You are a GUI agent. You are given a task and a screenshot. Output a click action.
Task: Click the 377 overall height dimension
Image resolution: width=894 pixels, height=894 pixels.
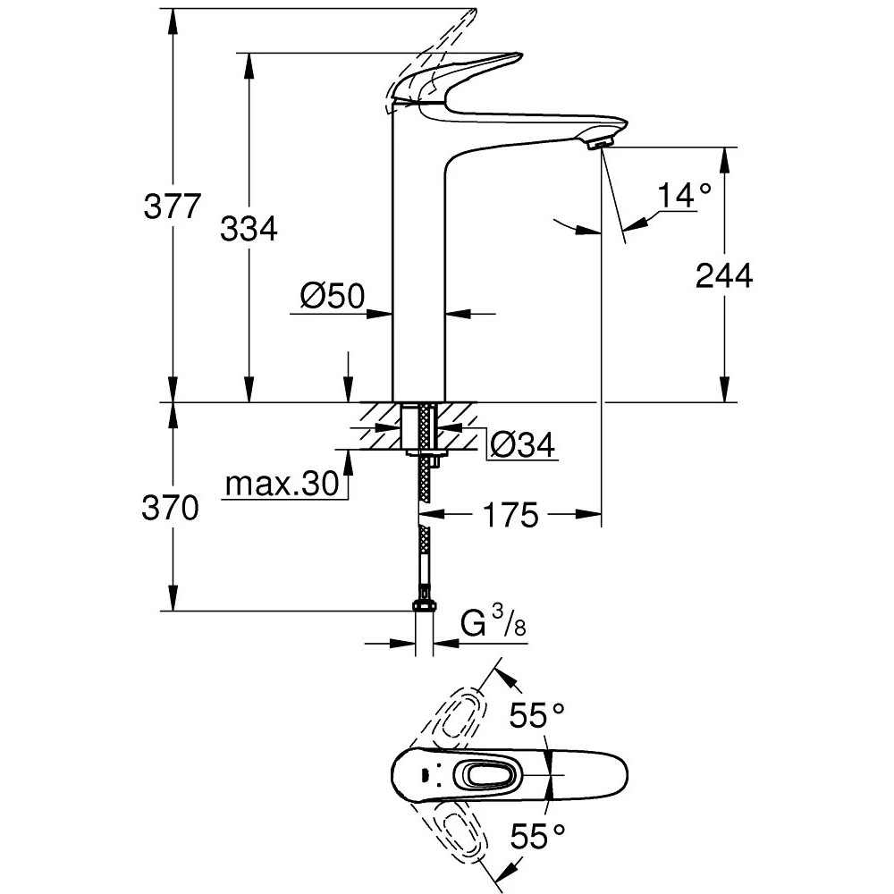172,207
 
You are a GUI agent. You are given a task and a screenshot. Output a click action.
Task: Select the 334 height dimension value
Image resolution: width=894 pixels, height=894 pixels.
248,229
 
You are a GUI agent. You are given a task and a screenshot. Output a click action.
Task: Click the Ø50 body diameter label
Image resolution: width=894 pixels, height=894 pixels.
333,296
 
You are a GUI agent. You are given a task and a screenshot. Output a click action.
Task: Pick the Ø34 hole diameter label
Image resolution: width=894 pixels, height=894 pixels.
523,443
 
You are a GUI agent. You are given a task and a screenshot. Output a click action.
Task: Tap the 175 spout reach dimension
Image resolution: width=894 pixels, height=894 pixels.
510,514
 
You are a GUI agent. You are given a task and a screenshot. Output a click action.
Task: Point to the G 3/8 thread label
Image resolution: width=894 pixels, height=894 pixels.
493,623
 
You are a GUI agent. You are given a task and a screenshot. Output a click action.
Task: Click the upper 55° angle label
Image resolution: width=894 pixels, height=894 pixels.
537,714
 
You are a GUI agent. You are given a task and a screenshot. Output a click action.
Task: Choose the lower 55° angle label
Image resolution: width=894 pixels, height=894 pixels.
537,836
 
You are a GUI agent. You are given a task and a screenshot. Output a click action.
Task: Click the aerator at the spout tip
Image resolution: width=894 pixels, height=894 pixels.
599,140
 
